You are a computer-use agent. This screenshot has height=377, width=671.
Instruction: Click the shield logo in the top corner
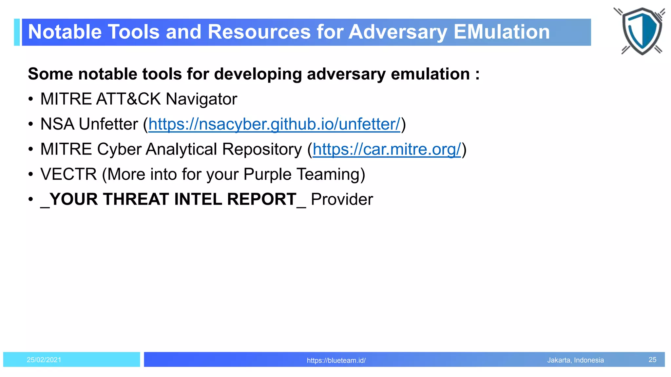point(641,31)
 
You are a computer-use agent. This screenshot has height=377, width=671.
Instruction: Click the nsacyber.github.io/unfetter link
point(274,124)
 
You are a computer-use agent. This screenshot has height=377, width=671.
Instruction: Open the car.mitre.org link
point(387,150)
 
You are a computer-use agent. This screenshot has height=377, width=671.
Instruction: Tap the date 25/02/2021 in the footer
point(44,360)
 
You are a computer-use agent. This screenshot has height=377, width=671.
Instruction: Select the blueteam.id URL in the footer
point(336,360)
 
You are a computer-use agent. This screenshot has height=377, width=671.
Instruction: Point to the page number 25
point(652,360)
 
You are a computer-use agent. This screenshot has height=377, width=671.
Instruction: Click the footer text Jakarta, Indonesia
point(575,360)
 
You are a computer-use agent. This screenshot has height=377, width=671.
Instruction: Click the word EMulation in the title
point(502,32)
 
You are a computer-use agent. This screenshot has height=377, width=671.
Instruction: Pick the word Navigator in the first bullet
point(201,99)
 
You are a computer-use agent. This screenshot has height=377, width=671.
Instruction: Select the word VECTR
point(68,174)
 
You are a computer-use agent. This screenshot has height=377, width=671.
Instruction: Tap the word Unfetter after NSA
point(108,124)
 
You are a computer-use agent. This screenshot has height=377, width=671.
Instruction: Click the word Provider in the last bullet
point(342,199)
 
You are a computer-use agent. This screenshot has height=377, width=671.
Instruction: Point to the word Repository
point(262,150)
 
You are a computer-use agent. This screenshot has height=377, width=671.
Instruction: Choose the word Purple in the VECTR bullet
point(267,174)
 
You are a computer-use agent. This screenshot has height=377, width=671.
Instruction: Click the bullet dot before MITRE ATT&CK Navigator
point(30,99)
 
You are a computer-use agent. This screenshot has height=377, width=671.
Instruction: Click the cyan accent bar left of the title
point(17,32)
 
